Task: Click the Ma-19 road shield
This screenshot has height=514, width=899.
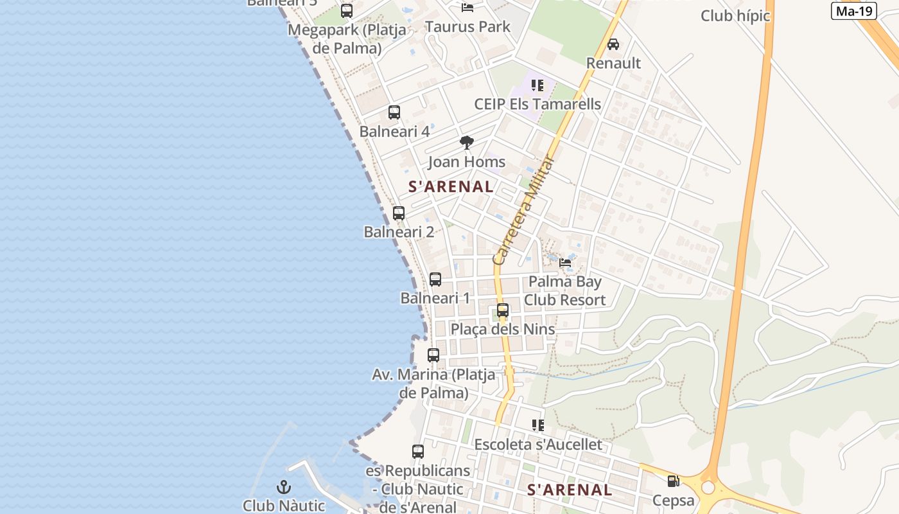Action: [x=853, y=11]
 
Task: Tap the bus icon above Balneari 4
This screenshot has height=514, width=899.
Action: [x=394, y=112]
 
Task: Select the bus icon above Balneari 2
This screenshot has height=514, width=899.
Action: [x=399, y=213]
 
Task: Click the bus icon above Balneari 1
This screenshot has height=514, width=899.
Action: [x=435, y=279]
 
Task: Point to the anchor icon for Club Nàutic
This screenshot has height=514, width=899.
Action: [x=284, y=487]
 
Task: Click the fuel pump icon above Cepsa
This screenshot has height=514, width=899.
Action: [x=673, y=481]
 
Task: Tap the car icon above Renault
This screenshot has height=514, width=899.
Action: [x=613, y=44]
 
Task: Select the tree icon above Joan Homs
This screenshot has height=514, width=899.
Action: [x=467, y=143]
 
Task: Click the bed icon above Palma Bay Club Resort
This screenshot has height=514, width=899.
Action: [x=565, y=262]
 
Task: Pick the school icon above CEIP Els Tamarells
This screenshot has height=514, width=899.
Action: [x=537, y=85]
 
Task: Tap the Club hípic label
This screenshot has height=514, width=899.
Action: [x=735, y=15]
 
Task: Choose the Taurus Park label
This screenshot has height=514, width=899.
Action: [x=467, y=26]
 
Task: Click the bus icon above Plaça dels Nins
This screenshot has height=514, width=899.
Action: [x=503, y=310]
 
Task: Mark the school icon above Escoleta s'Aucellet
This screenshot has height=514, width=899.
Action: [x=537, y=425]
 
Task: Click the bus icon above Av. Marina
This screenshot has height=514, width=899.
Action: [x=433, y=355]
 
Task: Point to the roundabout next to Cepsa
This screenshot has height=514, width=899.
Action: [x=708, y=488]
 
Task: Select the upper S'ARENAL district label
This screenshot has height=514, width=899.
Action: [x=451, y=187]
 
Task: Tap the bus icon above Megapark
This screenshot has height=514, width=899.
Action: [x=347, y=11]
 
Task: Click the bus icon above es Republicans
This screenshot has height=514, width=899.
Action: [x=418, y=452]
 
